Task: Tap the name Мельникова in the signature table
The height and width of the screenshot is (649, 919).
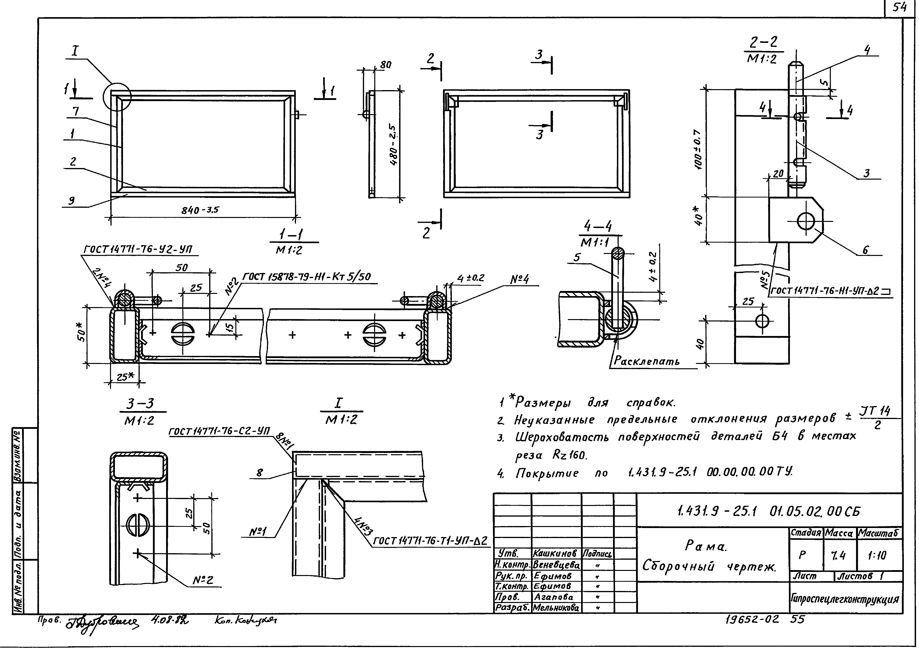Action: pyautogui.click(x=556, y=608)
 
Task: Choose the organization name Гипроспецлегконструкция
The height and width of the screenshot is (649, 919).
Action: pyautogui.click(x=845, y=599)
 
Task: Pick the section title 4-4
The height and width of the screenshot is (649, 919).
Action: pyautogui.click(x=598, y=227)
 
